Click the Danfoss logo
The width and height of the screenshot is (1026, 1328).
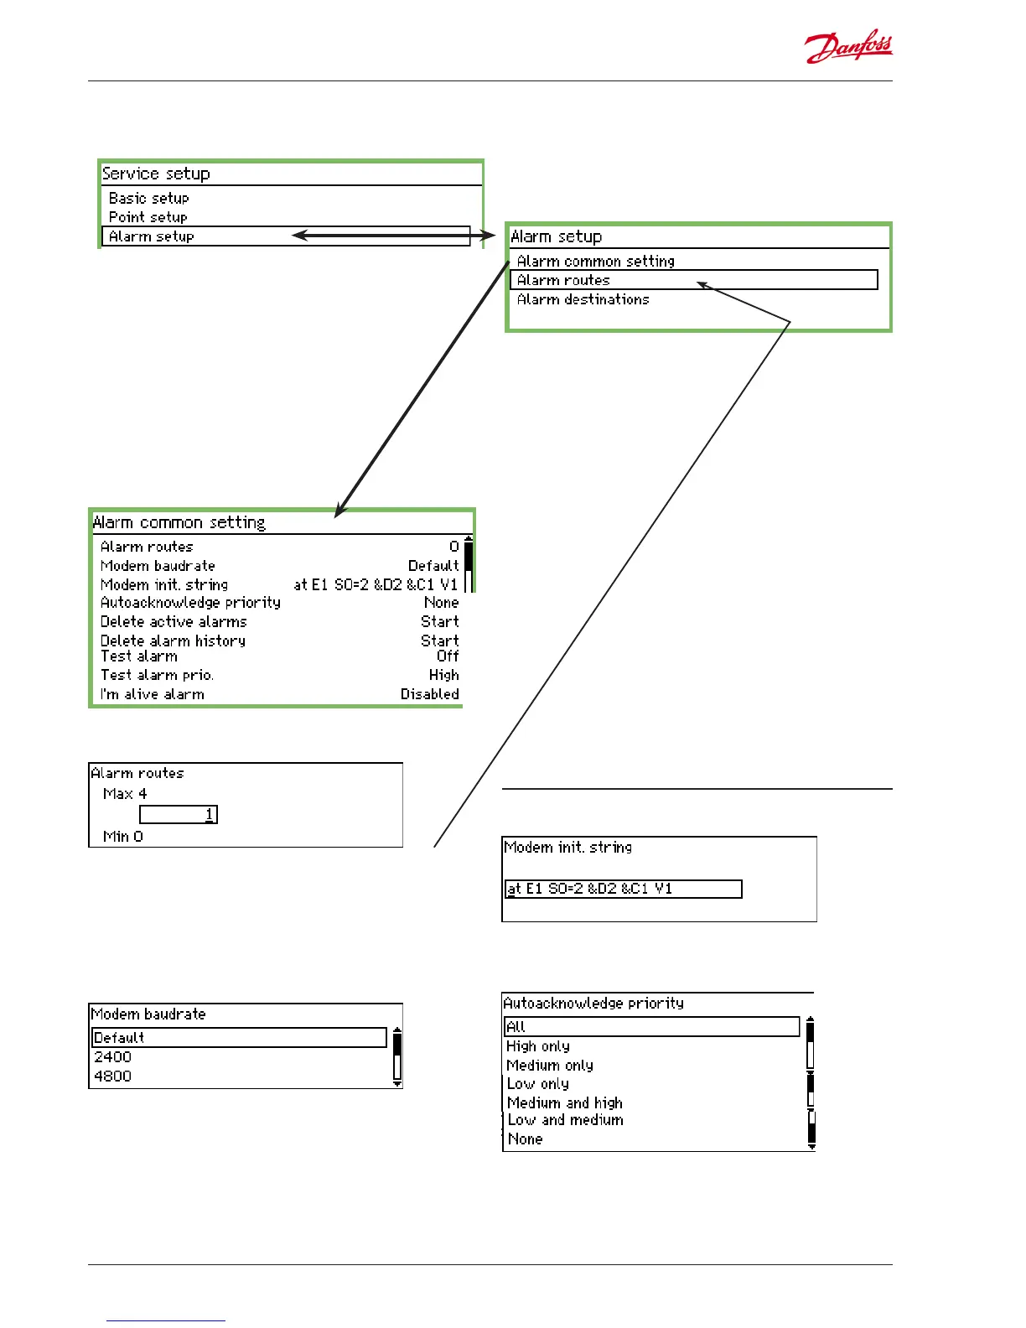point(848,49)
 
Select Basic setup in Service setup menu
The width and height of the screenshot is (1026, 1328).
point(149,199)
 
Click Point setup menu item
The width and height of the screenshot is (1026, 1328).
point(148,217)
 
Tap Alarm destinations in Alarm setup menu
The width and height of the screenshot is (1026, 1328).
point(583,299)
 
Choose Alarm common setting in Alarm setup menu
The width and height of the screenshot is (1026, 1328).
point(595,262)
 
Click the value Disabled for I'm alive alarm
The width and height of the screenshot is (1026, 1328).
point(429,694)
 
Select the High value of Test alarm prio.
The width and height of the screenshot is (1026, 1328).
point(443,675)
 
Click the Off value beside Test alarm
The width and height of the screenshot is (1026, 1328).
point(448,656)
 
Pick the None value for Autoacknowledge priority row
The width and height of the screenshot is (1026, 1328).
point(441,603)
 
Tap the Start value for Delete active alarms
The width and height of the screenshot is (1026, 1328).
point(439,622)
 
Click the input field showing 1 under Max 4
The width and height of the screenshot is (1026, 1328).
point(179,814)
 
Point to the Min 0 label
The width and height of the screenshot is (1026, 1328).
point(123,837)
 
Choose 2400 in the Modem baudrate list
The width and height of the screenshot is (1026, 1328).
point(113,1057)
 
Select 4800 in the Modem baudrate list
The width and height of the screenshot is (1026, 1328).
point(113,1076)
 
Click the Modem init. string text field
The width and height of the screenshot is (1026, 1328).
point(624,889)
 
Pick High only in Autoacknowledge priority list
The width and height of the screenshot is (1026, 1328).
point(538,1046)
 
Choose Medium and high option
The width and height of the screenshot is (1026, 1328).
point(565,1103)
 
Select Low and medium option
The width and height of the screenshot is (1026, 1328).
point(565,1120)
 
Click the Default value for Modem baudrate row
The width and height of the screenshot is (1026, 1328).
point(433,566)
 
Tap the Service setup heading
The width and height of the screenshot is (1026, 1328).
point(156,174)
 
